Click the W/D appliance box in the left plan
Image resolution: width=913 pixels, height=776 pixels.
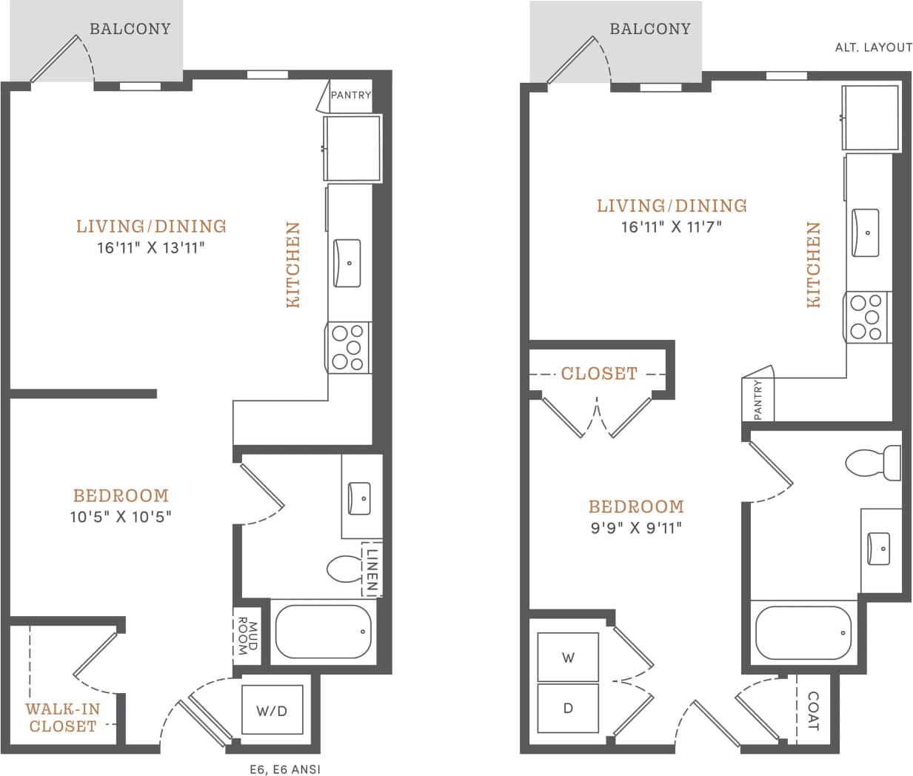[272, 711]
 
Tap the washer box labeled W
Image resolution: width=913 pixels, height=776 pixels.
[568, 657]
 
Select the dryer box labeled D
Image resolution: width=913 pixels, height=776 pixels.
[568, 708]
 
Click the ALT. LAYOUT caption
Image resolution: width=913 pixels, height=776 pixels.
[873, 47]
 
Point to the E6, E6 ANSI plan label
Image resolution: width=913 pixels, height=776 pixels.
[285, 769]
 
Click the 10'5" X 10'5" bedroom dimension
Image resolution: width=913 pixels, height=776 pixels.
[121, 516]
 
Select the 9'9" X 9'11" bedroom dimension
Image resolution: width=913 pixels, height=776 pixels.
[635, 527]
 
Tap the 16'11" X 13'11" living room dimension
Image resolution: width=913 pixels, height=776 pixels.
[151, 247]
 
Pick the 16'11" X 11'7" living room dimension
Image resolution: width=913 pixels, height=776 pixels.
[671, 227]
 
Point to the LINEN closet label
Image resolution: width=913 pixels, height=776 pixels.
[372, 569]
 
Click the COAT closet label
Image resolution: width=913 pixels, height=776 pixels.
[812, 711]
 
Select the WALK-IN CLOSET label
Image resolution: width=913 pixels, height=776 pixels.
[62, 718]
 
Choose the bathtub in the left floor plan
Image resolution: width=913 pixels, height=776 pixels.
[324, 632]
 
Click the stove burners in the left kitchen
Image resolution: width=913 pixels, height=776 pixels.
[349, 347]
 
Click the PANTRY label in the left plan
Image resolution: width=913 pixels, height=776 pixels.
[350, 96]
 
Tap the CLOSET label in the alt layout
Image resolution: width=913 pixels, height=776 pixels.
[598, 374]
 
